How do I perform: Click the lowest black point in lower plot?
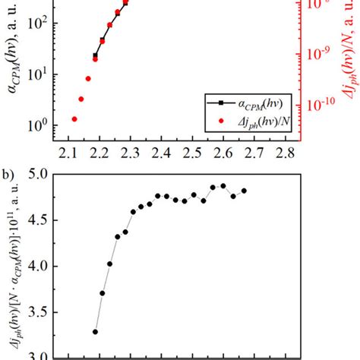coord(96,331)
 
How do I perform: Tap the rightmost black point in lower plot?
coord(244,191)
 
